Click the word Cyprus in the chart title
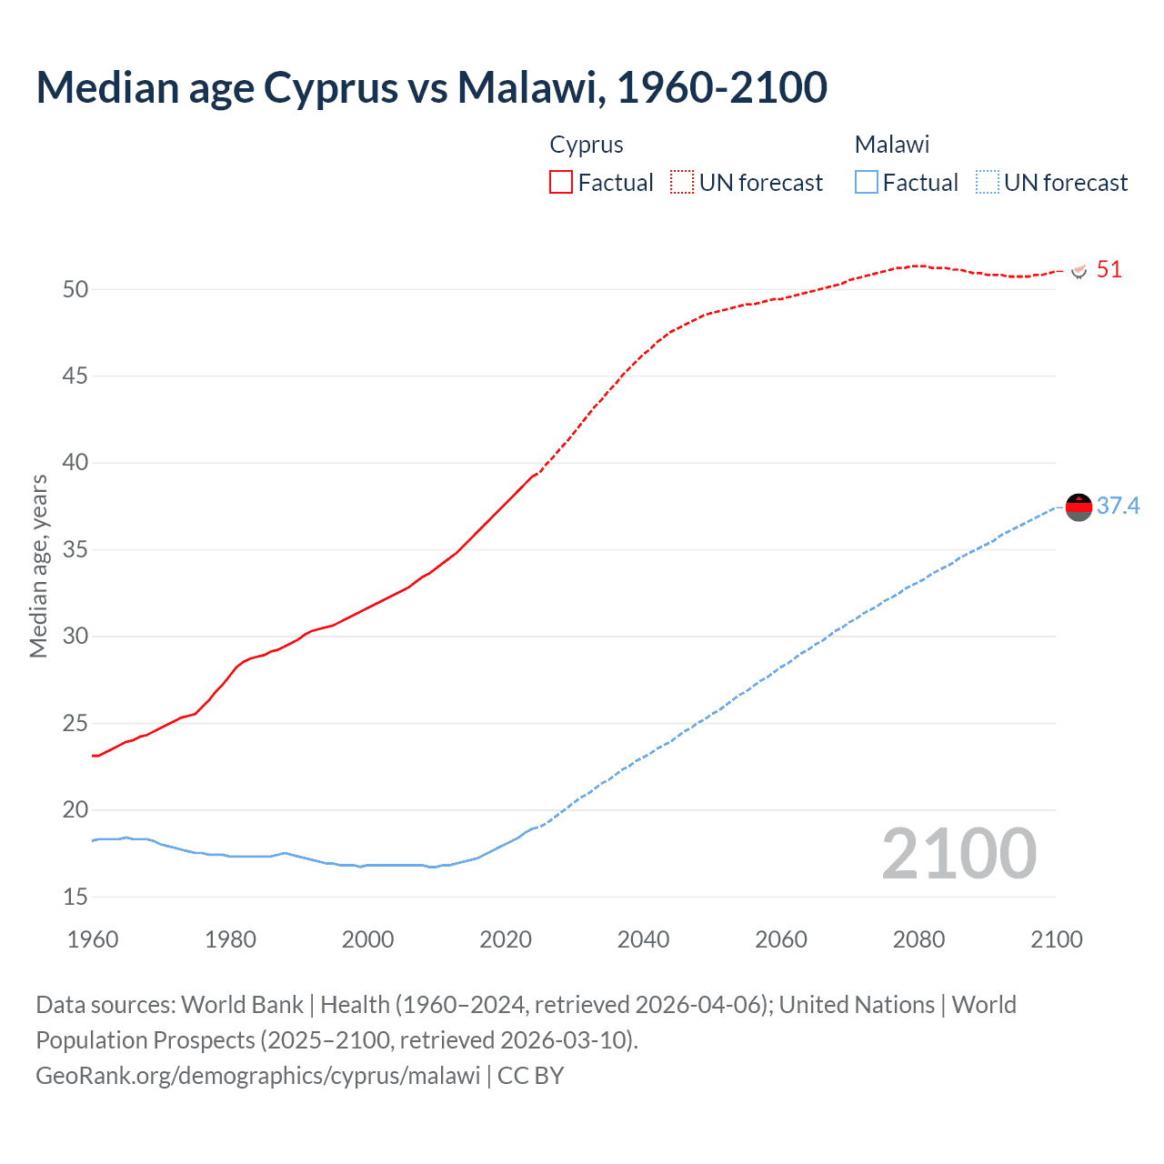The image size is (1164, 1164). (x=331, y=87)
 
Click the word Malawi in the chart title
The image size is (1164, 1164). (x=531, y=87)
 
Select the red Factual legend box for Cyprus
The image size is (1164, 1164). (x=561, y=182)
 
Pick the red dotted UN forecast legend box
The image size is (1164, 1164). (x=682, y=182)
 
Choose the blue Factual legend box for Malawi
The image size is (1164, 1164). (x=866, y=182)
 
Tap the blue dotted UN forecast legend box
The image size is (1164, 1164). (x=987, y=182)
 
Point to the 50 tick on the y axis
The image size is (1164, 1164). (x=75, y=289)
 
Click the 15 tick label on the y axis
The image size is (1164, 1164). (x=75, y=897)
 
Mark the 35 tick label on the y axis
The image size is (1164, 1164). (x=75, y=549)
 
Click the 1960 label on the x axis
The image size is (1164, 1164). (x=93, y=939)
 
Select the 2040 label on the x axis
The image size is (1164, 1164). (x=643, y=939)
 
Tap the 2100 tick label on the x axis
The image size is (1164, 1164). (x=1056, y=939)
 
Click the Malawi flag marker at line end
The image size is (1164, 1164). (x=1079, y=507)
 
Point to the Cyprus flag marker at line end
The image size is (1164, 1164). (x=1079, y=271)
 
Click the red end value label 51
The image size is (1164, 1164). (x=1109, y=269)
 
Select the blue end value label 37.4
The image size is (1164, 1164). (x=1118, y=506)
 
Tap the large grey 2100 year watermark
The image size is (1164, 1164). (x=958, y=853)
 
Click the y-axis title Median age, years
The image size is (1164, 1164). (x=38, y=566)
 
